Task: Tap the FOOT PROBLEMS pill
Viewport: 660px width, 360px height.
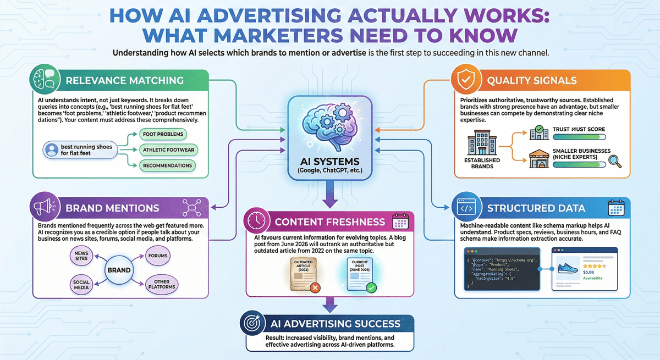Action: click(163, 134)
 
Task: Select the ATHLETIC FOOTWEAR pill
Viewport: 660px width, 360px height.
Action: click(169, 149)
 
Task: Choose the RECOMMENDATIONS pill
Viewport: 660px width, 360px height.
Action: click(167, 165)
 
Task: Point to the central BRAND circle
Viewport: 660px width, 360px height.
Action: click(119, 270)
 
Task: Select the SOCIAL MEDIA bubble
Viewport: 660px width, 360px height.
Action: click(81, 285)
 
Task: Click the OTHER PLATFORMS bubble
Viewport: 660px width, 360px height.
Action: click(162, 285)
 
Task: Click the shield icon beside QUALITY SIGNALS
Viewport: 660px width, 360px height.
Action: click(466, 80)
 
